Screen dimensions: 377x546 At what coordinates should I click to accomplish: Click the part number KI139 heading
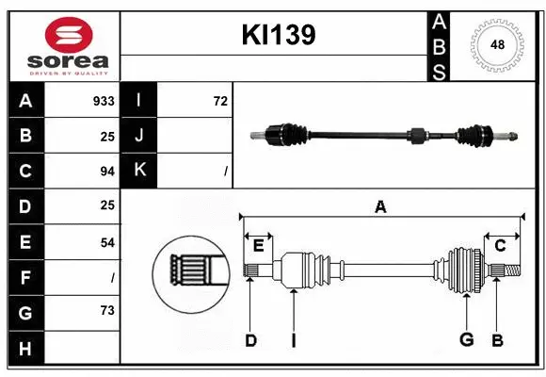point(278,36)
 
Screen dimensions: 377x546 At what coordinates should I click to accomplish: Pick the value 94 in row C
point(106,171)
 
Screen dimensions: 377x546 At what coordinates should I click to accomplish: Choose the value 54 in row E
point(106,242)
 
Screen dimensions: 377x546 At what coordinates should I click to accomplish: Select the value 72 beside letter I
point(220,101)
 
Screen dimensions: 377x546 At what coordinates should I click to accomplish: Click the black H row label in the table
point(25,348)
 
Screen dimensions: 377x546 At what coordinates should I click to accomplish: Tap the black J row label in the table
point(139,136)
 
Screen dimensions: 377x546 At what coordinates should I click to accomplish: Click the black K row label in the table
point(139,171)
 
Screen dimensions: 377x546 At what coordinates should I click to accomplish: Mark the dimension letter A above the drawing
point(380,207)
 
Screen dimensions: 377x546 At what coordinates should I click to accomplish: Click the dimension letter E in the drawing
point(258,246)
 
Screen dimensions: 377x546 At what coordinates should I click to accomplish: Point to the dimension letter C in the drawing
point(500,246)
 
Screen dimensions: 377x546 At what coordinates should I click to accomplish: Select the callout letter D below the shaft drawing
point(250,340)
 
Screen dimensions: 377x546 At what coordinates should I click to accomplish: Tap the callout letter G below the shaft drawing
point(465,340)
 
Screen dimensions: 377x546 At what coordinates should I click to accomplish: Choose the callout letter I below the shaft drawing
point(293,340)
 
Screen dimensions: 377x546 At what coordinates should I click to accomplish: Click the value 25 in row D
point(106,205)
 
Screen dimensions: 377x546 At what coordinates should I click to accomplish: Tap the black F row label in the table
point(25,277)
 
